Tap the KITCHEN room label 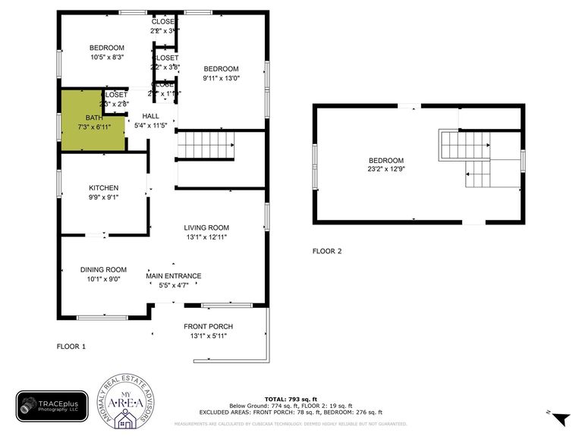(104, 188)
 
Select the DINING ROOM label (104, 270)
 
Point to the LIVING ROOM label (206, 227)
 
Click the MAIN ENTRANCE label (174, 276)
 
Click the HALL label (150, 116)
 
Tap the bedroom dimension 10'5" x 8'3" (106, 57)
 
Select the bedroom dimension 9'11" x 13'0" (221, 77)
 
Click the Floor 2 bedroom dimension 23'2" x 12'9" (386, 170)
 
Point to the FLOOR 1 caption (71, 347)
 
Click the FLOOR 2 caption (327, 251)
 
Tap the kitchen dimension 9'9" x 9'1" (104, 197)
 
